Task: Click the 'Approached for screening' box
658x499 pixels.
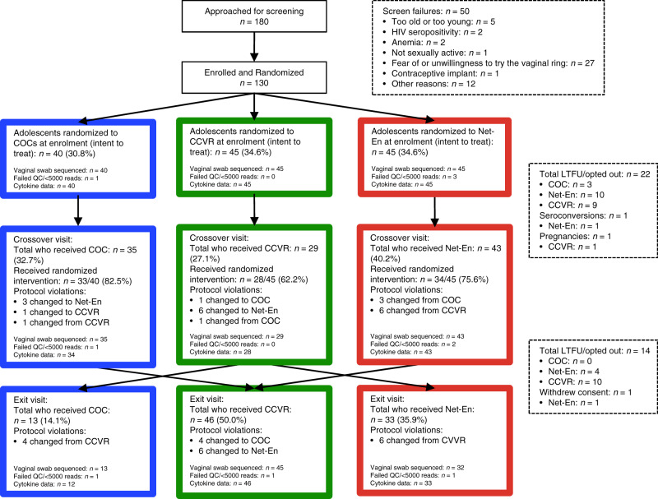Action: click(254, 16)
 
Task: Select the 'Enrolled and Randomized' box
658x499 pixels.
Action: click(254, 77)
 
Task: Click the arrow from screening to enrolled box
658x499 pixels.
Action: click(254, 47)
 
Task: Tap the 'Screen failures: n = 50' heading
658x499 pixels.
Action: click(426, 12)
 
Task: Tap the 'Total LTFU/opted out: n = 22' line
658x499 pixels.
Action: click(595, 174)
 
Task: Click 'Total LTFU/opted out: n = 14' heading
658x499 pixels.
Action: click(595, 351)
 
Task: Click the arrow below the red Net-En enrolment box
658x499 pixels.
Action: click(434, 212)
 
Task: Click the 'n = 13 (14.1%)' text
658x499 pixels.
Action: click(42, 421)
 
